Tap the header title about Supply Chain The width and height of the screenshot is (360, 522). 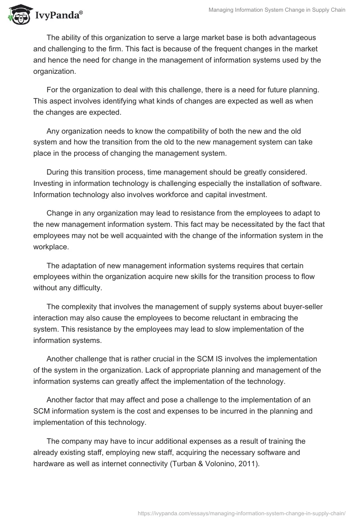277,10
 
